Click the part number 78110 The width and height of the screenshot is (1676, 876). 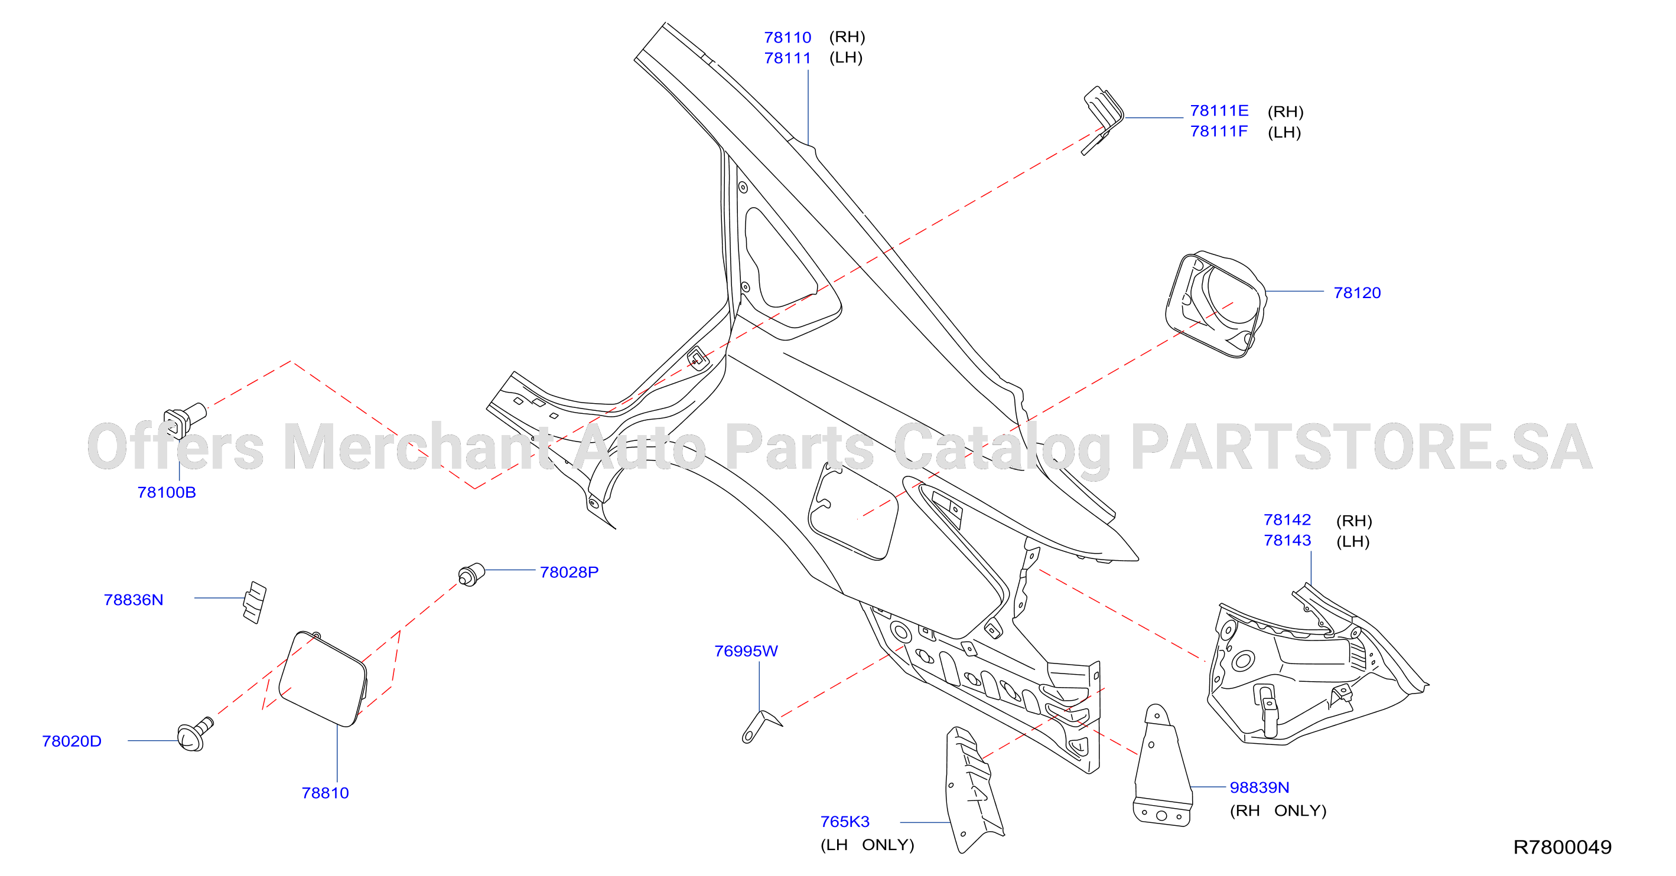pyautogui.click(x=787, y=37)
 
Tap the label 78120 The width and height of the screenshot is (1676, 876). pyautogui.click(x=1356, y=293)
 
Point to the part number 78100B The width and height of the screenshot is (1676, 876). pyautogui.click(x=167, y=492)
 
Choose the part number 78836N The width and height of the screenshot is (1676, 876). pyautogui.click(x=134, y=600)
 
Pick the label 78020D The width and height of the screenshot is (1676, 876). pyautogui.click(x=71, y=741)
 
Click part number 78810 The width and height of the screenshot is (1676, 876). pyautogui.click(x=325, y=793)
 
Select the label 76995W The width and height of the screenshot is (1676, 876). pyautogui.click(x=746, y=651)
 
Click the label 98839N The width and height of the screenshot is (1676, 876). pyautogui.click(x=1259, y=787)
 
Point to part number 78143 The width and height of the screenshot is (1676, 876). pyautogui.click(x=1287, y=541)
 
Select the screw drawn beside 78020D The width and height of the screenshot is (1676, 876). pyautogui.click(x=194, y=734)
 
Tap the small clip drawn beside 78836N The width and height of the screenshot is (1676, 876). pyautogui.click(x=255, y=603)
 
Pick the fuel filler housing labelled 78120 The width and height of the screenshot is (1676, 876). pyautogui.click(x=1215, y=305)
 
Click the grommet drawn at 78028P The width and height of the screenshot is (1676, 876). pyautogui.click(x=471, y=575)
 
